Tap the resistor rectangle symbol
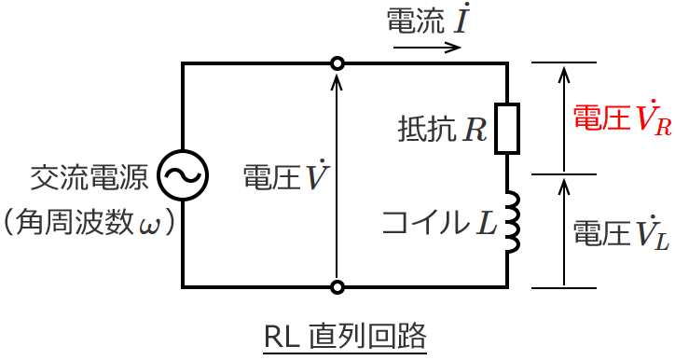point(506,129)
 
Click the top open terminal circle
point(337,63)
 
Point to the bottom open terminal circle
point(337,286)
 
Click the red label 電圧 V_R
point(621,119)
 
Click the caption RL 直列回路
point(345,337)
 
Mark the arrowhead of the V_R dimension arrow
point(563,71)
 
